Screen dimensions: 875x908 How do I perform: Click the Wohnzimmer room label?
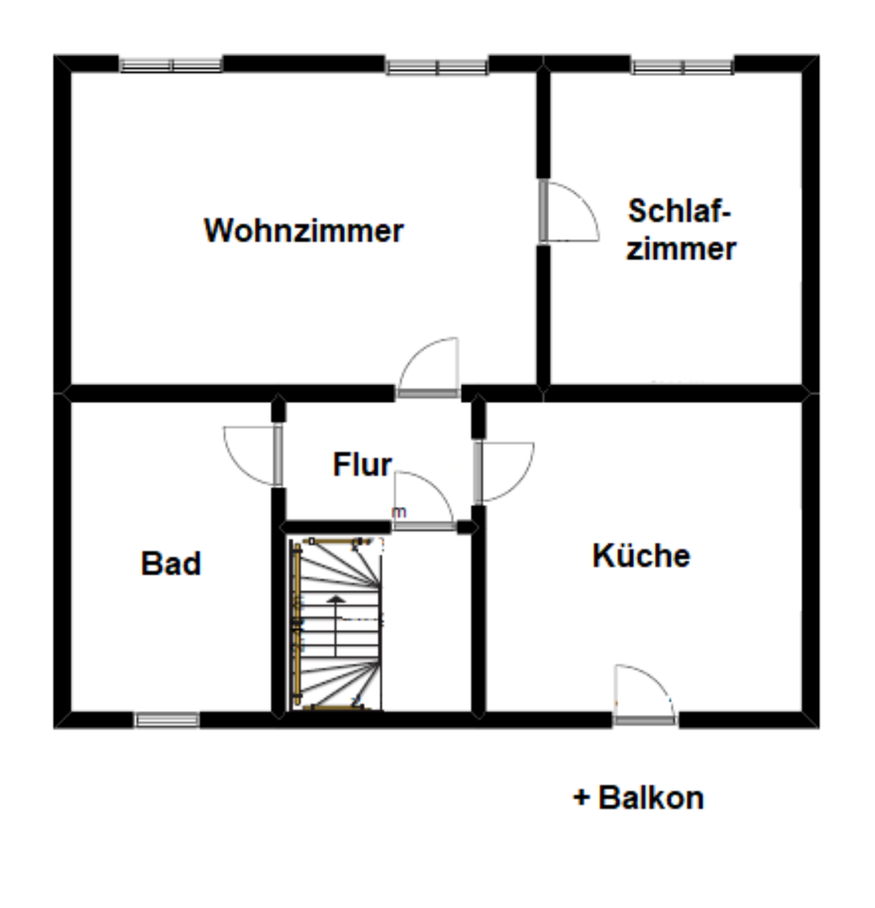click(x=303, y=231)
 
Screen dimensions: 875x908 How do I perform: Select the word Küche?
click(x=641, y=556)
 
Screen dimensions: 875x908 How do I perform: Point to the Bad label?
click(x=171, y=564)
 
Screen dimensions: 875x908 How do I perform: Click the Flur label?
click(x=362, y=465)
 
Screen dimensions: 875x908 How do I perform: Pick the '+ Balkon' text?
click(x=639, y=797)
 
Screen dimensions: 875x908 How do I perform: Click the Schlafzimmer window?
click(x=682, y=67)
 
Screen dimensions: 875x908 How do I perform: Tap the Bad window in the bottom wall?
click(x=166, y=721)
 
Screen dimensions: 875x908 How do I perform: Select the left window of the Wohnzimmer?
click(x=171, y=65)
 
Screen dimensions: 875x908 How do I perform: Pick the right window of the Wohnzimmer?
click(x=437, y=67)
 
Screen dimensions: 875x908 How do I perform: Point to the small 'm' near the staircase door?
click(x=400, y=513)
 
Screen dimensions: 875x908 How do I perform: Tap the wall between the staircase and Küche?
click(x=478, y=615)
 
